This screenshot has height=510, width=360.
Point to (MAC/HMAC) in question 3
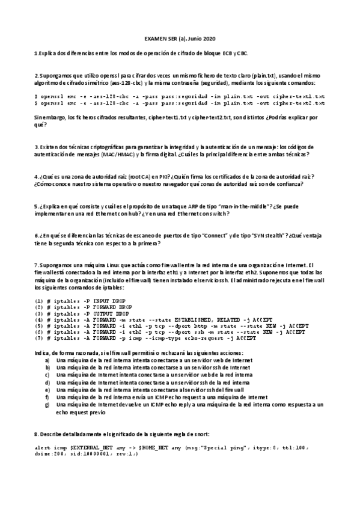click(x=118, y=155)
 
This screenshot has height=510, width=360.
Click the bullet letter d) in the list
click(x=47, y=382)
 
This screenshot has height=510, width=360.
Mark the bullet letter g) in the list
click(x=47, y=405)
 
